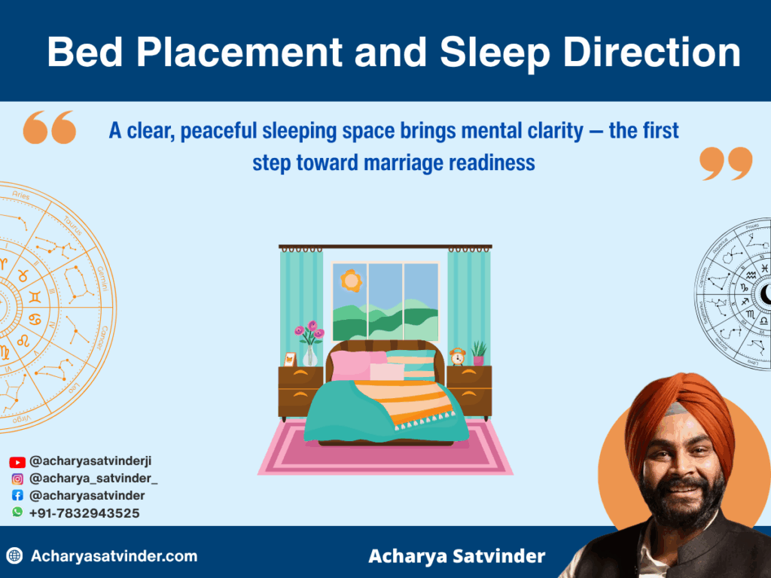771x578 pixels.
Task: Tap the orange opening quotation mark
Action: (50, 127)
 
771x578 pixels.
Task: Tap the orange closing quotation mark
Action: (726, 163)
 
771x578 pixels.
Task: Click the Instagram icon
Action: (17, 479)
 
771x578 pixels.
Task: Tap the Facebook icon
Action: (17, 496)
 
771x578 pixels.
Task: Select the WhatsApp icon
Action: (17, 513)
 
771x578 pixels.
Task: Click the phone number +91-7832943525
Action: (84, 513)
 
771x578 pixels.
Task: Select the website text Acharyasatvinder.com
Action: (114, 557)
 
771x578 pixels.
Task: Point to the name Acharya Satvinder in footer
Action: (456, 557)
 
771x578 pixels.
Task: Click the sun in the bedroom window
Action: (350, 280)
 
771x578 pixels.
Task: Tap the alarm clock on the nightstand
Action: (457, 356)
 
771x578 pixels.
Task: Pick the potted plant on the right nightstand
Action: (478, 353)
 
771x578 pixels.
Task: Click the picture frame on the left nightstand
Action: (290, 359)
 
